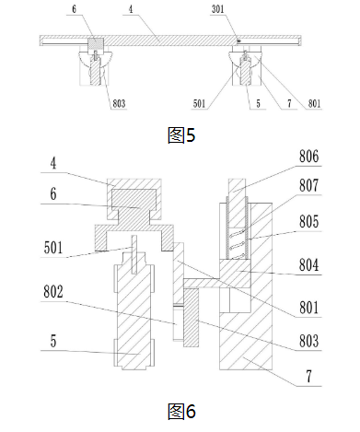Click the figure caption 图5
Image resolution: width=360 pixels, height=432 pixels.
(181, 134)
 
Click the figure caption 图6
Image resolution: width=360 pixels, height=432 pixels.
(181, 412)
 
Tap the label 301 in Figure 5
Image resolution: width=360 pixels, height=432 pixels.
(218, 9)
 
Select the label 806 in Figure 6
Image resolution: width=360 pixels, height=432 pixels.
(308, 157)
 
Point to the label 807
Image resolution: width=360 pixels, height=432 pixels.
(308, 185)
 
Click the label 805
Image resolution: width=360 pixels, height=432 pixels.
(308, 221)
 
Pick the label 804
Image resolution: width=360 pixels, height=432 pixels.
(308, 264)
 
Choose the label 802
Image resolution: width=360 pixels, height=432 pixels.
(53, 291)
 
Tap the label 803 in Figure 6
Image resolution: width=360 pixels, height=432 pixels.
(308, 341)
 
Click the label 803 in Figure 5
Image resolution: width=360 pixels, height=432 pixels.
(119, 104)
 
